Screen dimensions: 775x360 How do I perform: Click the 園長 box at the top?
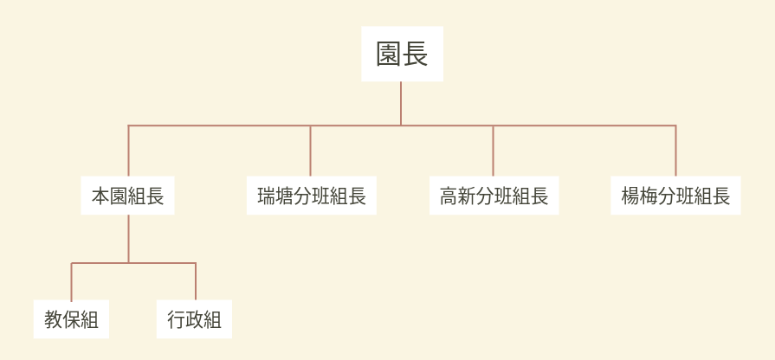coord(402,54)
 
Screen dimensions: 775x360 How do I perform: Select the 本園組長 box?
coord(127,196)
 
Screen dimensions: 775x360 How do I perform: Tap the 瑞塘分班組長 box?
coord(312,196)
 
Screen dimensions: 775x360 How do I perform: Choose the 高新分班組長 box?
coord(494,196)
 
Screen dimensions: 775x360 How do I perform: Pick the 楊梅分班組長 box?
coord(675,196)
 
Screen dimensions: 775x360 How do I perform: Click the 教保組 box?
coord(71,319)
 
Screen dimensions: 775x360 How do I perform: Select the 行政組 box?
coord(194,319)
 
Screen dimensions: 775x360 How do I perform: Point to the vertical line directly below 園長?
coord(401,103)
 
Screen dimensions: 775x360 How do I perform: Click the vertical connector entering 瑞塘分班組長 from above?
coord(310,151)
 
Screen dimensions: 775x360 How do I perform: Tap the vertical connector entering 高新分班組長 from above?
coord(493,151)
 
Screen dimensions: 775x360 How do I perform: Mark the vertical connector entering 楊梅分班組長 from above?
coord(675,151)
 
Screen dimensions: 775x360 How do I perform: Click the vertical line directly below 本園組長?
coord(128,239)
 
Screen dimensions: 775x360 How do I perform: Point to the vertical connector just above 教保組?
coord(71,281)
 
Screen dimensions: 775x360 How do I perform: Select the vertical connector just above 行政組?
coord(196,281)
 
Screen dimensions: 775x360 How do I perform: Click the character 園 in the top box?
coord(389,54)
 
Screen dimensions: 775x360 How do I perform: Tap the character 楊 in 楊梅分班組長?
coord(630,196)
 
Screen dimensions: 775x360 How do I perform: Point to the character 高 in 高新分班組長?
coord(449,196)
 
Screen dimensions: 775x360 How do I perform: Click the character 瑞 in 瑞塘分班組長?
coord(267,196)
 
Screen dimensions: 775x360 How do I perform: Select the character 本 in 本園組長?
coord(100,196)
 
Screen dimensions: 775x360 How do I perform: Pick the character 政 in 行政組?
coord(194,319)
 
